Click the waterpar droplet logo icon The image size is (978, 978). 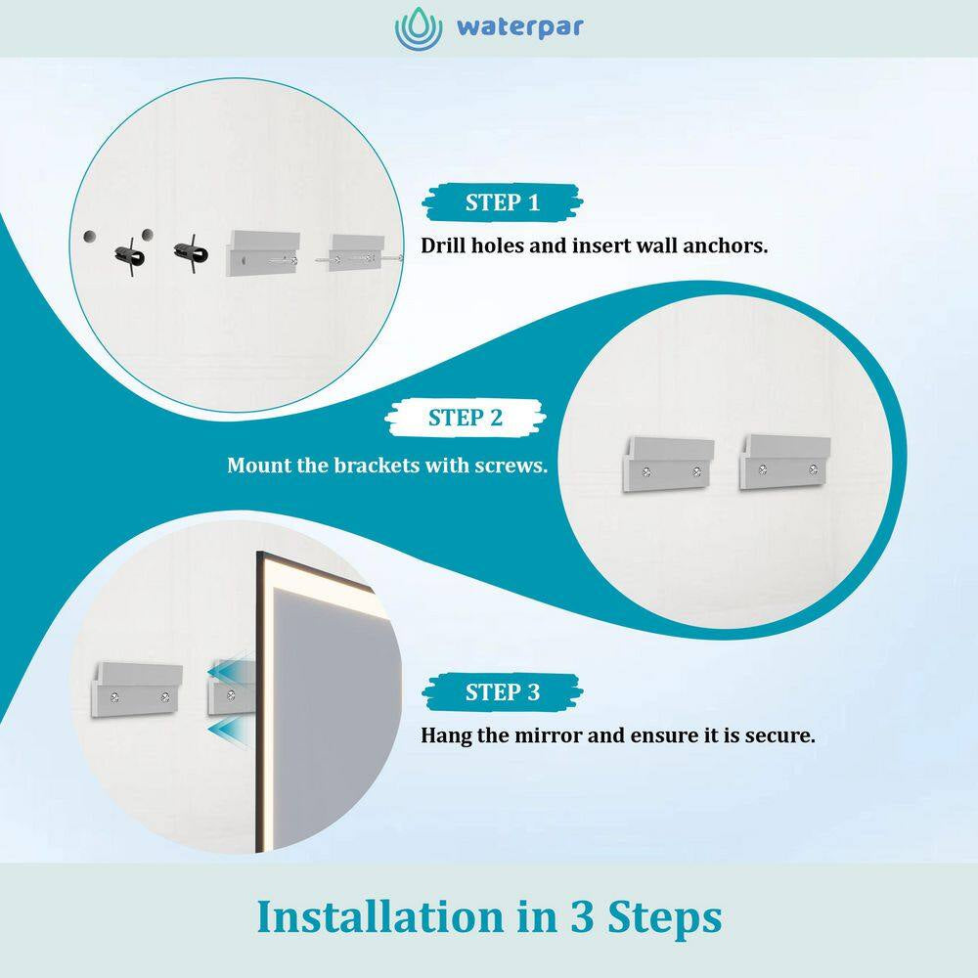418,28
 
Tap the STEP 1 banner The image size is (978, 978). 502,202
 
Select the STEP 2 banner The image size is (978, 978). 466,418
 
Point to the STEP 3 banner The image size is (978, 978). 502,692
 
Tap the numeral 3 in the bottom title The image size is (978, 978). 582,917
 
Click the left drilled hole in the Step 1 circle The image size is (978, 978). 90,237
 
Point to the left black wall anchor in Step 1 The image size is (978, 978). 130,255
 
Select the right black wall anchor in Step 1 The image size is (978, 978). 191,252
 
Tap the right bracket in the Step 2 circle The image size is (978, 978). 784,463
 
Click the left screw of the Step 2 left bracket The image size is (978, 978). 646,472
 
